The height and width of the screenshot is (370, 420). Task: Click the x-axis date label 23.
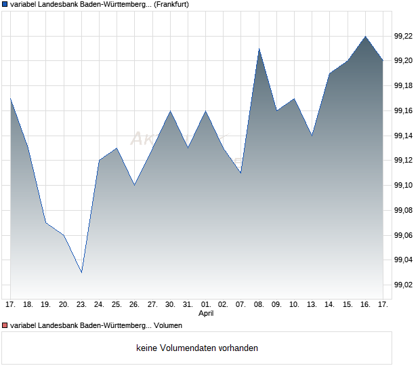tap(81, 305)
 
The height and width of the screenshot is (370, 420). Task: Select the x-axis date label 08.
tap(259, 305)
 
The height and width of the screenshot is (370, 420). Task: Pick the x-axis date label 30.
tap(170, 305)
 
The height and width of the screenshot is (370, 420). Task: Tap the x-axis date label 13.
tap(312, 305)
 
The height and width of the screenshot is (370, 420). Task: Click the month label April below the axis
tap(206, 314)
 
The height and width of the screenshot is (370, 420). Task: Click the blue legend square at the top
tap(5, 5)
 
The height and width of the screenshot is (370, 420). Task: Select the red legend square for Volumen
tap(5, 326)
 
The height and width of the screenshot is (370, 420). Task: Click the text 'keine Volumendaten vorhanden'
tap(197, 348)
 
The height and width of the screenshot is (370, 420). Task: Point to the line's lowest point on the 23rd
tap(81, 272)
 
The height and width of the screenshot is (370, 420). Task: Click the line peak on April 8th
tap(259, 49)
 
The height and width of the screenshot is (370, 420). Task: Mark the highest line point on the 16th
tap(366, 37)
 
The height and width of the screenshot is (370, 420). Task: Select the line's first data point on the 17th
tap(11, 99)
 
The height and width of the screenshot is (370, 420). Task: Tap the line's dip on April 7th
tap(241, 173)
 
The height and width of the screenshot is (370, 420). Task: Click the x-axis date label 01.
tap(206, 305)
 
